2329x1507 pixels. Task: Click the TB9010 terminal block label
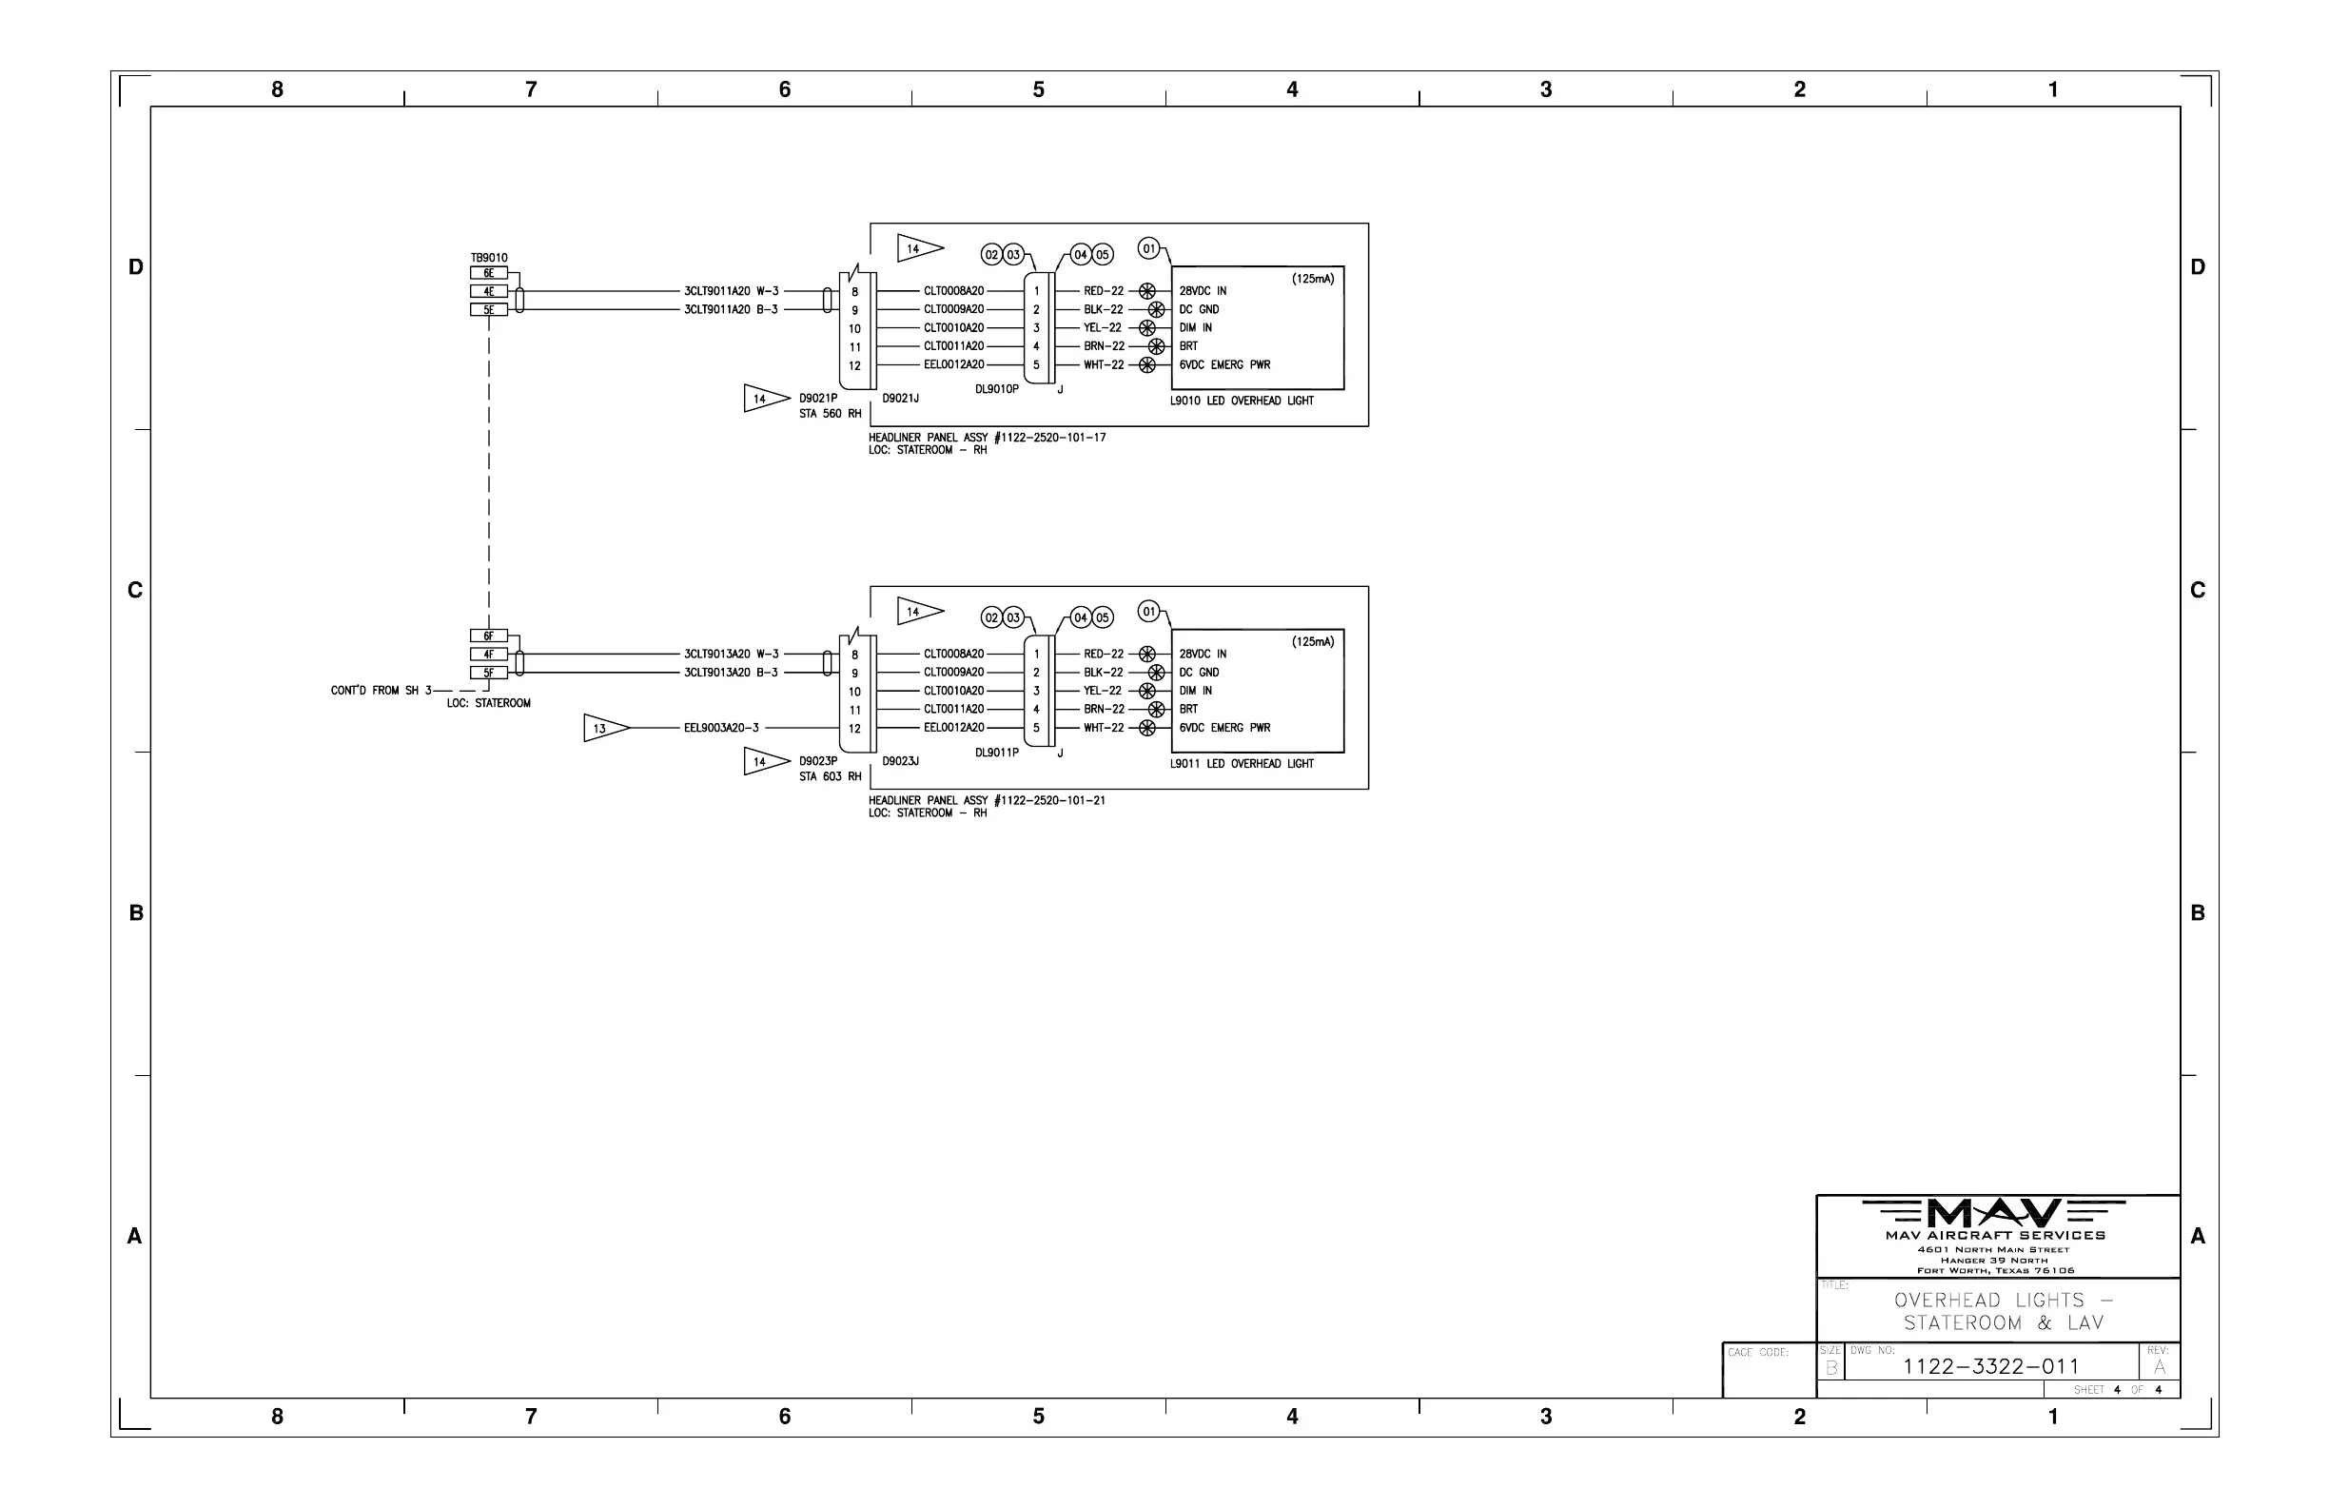pos(488,259)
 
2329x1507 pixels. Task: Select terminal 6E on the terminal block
pos(488,273)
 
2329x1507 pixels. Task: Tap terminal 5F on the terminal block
pos(488,674)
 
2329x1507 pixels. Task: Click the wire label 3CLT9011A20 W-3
pos(731,292)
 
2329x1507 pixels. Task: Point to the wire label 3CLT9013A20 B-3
pos(731,674)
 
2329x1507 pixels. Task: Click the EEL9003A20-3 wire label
pos(721,728)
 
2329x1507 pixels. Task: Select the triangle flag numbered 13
pos(605,728)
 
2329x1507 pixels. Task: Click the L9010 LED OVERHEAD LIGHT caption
pos(1242,401)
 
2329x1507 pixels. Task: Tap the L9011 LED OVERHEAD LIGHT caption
pos(1242,764)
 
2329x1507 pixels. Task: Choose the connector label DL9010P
pos(996,389)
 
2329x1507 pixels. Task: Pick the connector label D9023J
pos(900,761)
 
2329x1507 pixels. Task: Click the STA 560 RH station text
pos(830,414)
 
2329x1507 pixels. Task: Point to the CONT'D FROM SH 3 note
pos(381,691)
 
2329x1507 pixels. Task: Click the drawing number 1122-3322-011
pos(1990,1366)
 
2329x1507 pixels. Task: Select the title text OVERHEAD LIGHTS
pos(1989,1301)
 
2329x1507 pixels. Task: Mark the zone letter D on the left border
pos(136,267)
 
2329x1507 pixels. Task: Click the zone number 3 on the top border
pos(1546,90)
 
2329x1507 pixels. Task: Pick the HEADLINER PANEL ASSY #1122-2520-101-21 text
pos(987,800)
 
